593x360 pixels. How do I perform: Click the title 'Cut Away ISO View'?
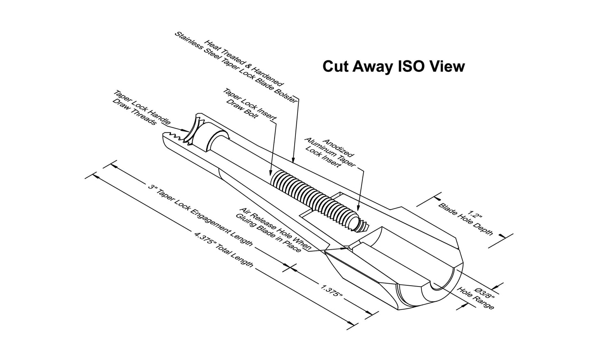(394, 66)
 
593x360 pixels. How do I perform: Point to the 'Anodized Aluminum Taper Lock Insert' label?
(330, 154)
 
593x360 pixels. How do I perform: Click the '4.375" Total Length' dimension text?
(223, 250)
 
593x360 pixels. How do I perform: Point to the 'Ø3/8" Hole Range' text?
(476, 298)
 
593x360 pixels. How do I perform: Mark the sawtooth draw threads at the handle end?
(177, 138)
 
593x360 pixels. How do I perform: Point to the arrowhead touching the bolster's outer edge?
(293, 158)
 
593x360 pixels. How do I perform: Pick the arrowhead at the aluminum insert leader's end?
(358, 208)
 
